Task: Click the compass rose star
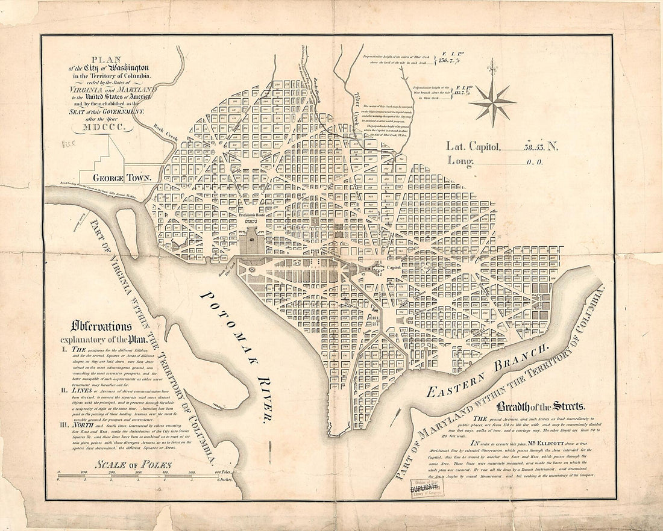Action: pyautogui.click(x=494, y=103)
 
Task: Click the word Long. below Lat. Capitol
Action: pyautogui.click(x=460, y=160)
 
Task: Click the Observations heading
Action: pyautogui.click(x=101, y=326)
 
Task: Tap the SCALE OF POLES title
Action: pyautogui.click(x=134, y=464)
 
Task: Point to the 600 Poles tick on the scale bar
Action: pyautogui.click(x=222, y=473)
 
